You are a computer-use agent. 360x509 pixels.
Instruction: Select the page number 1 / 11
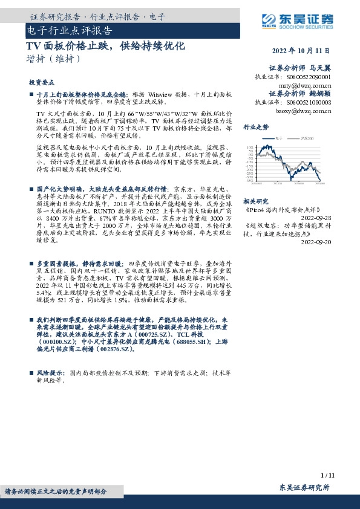click(327, 475)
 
